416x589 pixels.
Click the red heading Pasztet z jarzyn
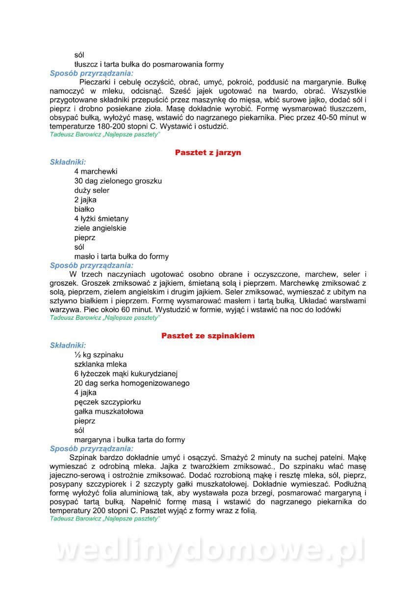coord(208,153)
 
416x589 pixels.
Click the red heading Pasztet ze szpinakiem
coord(208,336)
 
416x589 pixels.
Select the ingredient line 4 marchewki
coord(96,172)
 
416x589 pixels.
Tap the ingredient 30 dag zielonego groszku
coord(118,181)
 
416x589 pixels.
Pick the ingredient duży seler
coord(92,190)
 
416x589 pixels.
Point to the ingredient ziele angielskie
coord(100,228)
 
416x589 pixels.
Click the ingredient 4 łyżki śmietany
coord(101,219)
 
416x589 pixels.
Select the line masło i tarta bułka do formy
coord(121,256)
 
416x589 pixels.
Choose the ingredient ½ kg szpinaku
coord(99,355)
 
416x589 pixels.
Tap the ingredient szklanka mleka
coord(101,364)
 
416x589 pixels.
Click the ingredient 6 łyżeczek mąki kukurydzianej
coord(126,374)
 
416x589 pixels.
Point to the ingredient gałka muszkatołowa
coord(109,411)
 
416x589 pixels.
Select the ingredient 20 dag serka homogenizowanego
coord(131,383)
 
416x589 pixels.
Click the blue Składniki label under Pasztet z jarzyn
coord(68,162)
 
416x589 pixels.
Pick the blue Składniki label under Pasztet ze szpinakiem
coord(68,345)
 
